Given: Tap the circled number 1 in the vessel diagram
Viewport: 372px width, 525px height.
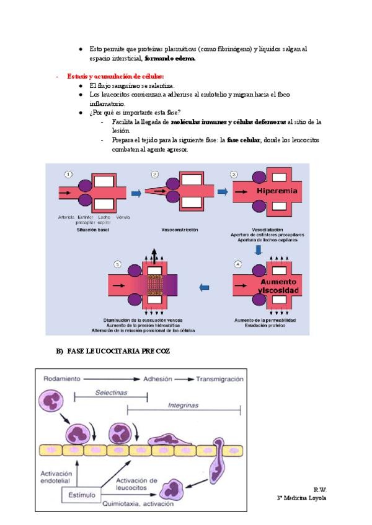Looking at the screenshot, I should coord(68,174).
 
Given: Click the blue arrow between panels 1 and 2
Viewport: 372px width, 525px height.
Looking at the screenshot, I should coord(136,194).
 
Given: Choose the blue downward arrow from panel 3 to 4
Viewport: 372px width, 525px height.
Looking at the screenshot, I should coord(259,249).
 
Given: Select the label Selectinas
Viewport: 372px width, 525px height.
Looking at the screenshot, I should coord(112,392).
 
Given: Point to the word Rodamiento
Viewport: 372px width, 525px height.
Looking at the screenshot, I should coord(63,378).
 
